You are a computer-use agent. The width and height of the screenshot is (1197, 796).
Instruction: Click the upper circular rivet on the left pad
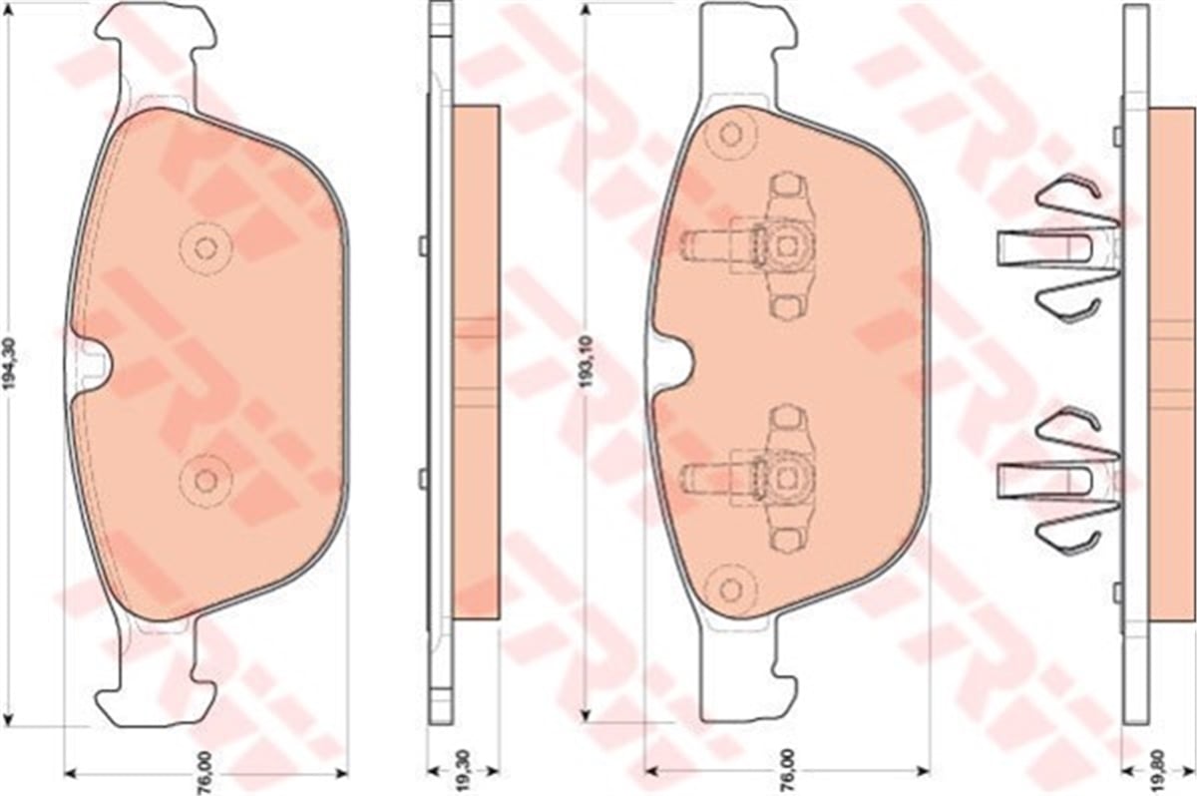[x=205, y=247]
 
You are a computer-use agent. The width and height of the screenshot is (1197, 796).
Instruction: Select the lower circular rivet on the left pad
[x=205, y=480]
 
